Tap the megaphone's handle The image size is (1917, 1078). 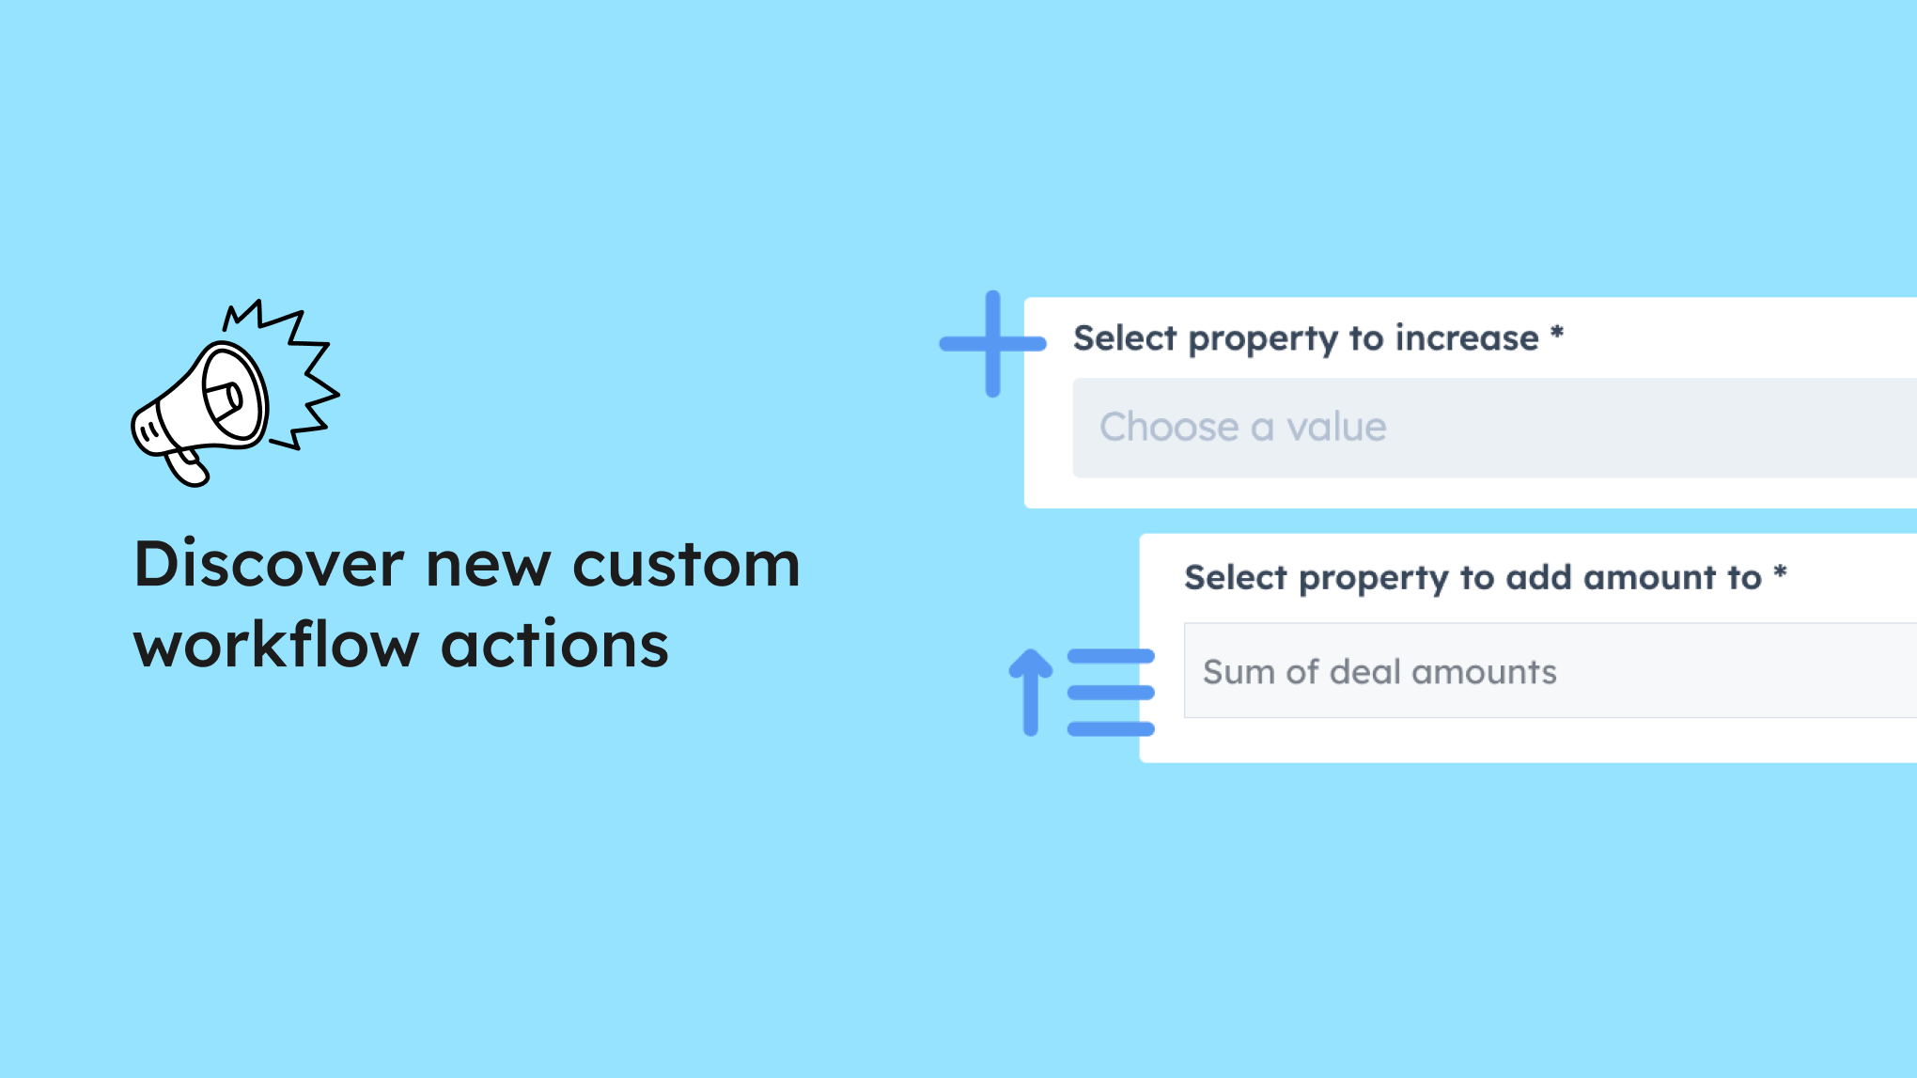[187, 467]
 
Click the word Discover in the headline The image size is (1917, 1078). [270, 564]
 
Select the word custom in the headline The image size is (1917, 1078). [686, 565]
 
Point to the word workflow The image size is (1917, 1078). [276, 645]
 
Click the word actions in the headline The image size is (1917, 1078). [554, 645]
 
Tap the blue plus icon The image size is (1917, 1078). [992, 344]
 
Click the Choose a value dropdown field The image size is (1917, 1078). [1494, 428]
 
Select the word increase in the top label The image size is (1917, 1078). [1467, 337]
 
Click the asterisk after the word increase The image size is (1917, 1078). [1557, 332]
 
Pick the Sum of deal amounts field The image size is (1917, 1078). [1550, 670]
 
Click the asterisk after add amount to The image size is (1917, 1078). [1780, 571]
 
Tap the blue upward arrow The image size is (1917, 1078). [1031, 692]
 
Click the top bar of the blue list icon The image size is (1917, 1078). [1111, 656]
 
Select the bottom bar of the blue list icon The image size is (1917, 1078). [1111, 728]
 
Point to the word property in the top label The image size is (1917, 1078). [1263, 339]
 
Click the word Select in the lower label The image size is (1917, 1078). [1235, 577]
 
